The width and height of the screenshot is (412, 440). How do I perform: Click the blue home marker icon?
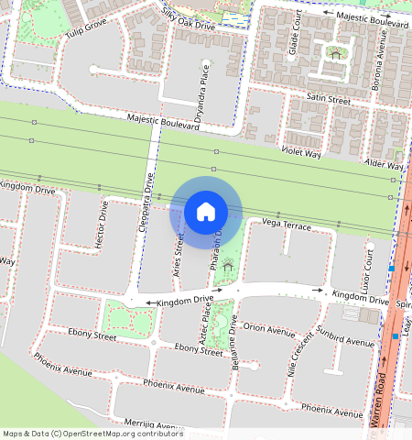click(206, 212)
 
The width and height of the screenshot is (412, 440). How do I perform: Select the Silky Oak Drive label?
click(188, 19)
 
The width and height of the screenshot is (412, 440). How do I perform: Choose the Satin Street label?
click(329, 98)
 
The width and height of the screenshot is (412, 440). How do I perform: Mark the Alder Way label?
click(384, 164)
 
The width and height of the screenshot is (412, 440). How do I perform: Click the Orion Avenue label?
click(269, 329)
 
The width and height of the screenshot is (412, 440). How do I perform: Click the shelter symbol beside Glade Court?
click(336, 54)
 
